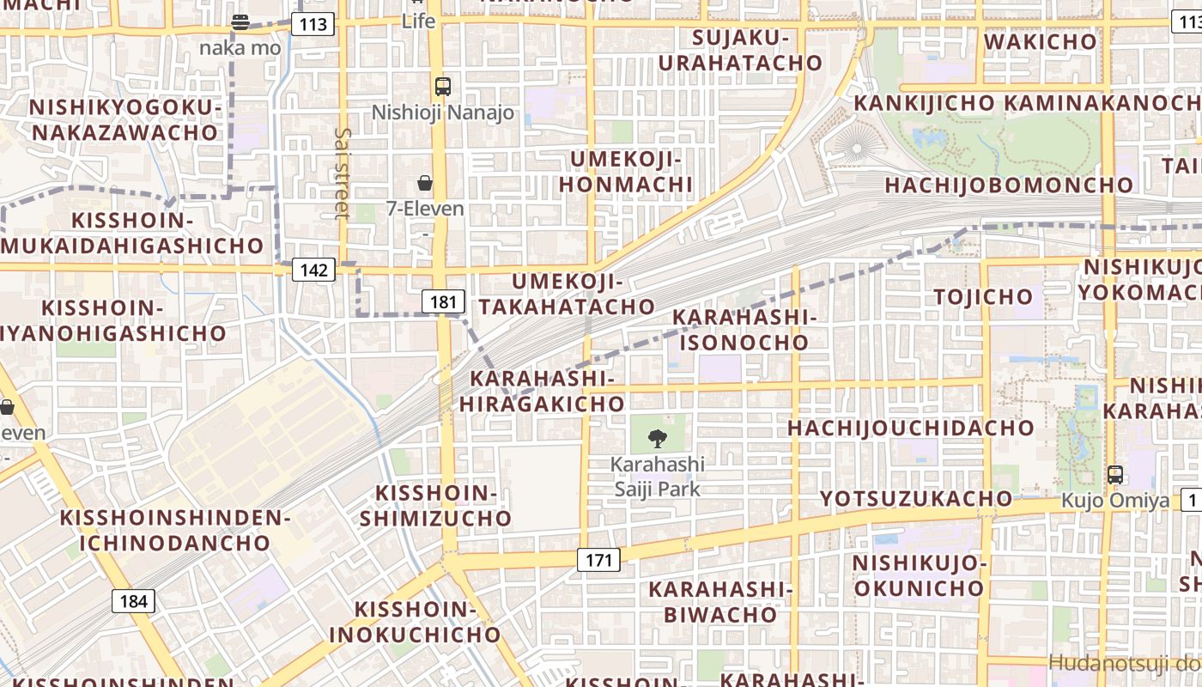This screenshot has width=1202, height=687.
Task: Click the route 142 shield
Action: pos(313,270)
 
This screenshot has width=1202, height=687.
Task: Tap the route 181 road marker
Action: pos(443,301)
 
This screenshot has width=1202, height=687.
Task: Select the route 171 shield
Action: pos(598,561)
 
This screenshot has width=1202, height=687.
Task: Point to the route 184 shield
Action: pos(133,601)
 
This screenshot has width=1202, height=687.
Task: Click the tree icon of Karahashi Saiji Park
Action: pos(658,439)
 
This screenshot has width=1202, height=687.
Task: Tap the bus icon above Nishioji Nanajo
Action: pos(443,87)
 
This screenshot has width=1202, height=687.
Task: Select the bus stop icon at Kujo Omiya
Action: pos(1114,474)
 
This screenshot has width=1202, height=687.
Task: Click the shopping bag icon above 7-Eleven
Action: pos(425,183)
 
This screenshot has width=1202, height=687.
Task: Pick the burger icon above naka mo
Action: pos(240,22)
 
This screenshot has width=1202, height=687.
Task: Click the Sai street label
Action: pos(343,173)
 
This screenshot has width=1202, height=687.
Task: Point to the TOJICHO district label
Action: pos(983,297)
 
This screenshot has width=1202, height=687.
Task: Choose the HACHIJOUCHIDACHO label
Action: pos(911,428)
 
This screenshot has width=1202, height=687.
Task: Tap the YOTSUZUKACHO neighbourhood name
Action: pos(916,499)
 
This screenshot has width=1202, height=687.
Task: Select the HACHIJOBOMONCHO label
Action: pos(1009,185)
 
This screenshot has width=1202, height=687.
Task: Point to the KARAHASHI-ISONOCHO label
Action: pos(744,330)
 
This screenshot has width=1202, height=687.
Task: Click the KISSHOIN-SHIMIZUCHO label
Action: pos(435,506)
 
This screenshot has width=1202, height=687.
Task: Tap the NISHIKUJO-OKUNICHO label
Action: pos(917,575)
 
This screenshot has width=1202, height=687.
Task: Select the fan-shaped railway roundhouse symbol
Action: pos(854,143)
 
